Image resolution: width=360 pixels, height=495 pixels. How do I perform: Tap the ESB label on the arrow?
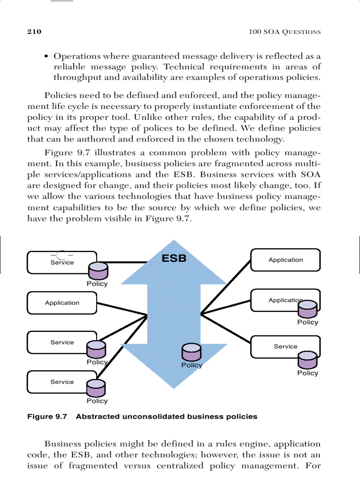click(174, 258)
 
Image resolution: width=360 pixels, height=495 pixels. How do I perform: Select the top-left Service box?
click(62, 262)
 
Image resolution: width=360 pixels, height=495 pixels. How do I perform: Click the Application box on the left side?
click(62, 303)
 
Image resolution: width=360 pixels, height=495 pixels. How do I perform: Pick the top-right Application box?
click(285, 260)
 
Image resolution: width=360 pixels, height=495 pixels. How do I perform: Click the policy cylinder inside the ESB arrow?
click(191, 353)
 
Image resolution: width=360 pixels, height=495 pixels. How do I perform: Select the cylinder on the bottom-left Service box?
click(97, 388)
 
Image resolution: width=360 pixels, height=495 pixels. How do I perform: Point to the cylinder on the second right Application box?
click(307, 309)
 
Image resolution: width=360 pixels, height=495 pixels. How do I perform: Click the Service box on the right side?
click(285, 346)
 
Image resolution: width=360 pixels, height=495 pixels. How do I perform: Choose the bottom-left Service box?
click(62, 382)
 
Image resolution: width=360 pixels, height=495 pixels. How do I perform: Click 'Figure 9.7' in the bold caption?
click(47, 416)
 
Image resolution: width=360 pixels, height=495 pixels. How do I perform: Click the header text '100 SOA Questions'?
click(285, 32)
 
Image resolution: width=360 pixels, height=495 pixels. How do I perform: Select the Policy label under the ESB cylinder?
click(191, 365)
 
